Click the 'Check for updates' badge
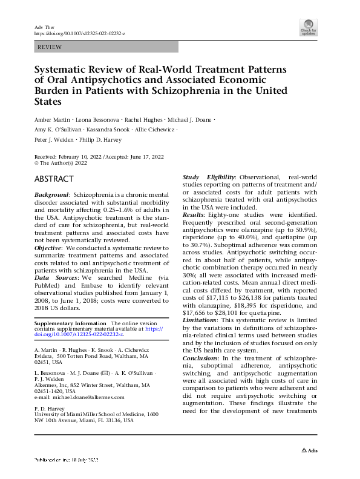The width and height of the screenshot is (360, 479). coord(309,27)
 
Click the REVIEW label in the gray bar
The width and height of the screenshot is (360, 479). coord(50,47)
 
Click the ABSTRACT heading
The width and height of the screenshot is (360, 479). coord(54,179)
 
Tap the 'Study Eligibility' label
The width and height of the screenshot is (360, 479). coord(210,176)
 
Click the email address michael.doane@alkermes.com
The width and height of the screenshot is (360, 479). coord(88,397)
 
